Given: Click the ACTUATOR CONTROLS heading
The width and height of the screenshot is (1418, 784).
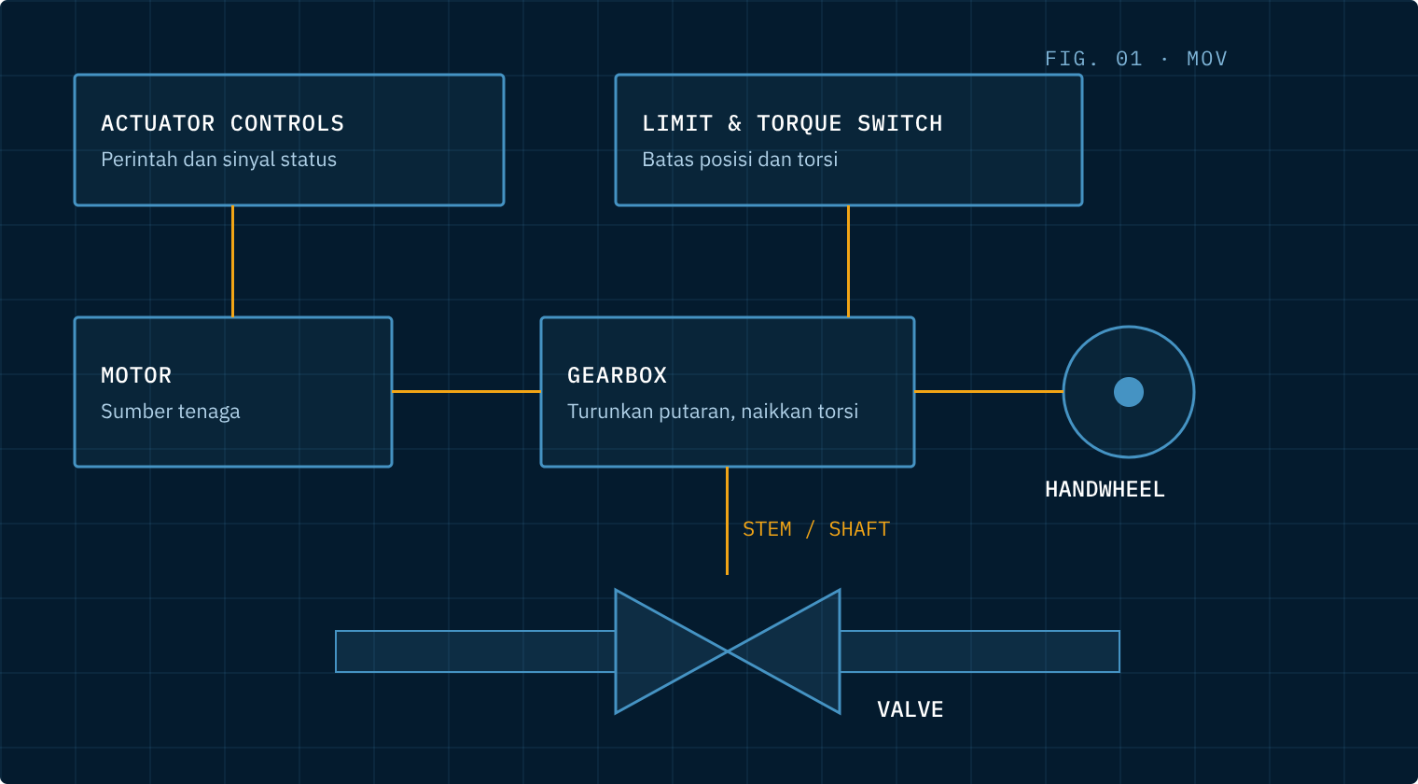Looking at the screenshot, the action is [222, 123].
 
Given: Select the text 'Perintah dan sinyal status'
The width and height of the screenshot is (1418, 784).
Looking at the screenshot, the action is [218, 160].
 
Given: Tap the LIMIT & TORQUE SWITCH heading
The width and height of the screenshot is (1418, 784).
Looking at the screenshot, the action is [792, 123].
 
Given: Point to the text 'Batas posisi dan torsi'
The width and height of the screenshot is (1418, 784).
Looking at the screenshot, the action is [740, 160].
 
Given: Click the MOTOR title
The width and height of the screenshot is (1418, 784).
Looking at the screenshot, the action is [136, 375].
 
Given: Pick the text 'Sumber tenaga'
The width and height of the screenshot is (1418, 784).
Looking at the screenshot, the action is [171, 412].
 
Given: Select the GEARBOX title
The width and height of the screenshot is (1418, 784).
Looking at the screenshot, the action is [617, 375].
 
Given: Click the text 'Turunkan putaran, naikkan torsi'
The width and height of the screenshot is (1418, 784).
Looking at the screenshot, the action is [712, 412].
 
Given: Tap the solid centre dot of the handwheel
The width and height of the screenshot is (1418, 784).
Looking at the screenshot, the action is [1129, 392].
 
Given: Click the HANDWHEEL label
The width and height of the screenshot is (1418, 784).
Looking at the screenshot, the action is [1105, 489].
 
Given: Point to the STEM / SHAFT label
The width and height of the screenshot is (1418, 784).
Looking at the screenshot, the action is [816, 529].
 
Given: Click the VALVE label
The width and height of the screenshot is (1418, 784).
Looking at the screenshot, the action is [910, 709].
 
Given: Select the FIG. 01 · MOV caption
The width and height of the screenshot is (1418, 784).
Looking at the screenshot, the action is [1135, 59].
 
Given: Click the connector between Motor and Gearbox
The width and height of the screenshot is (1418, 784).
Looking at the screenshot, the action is [466, 392].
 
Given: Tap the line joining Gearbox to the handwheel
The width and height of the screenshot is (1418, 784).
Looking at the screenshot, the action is [989, 392].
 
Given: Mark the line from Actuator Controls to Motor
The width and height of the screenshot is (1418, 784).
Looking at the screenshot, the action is [233, 261].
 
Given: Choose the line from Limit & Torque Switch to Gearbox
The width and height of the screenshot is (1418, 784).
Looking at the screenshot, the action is [848, 261].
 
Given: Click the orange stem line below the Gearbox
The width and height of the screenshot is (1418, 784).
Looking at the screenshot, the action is [728, 521].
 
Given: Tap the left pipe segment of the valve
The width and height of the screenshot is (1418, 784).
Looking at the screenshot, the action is [476, 651].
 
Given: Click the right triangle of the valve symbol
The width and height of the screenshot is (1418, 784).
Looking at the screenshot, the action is [802, 651].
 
